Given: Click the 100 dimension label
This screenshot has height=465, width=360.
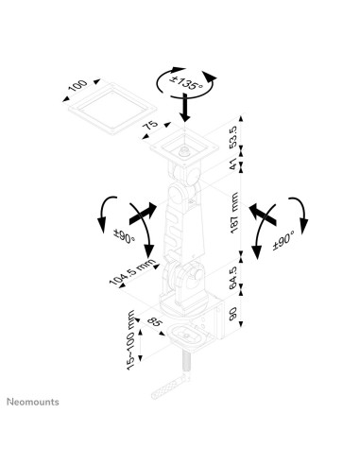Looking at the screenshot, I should pos(77,90).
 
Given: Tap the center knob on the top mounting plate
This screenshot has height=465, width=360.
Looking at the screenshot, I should pos(185,146).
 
